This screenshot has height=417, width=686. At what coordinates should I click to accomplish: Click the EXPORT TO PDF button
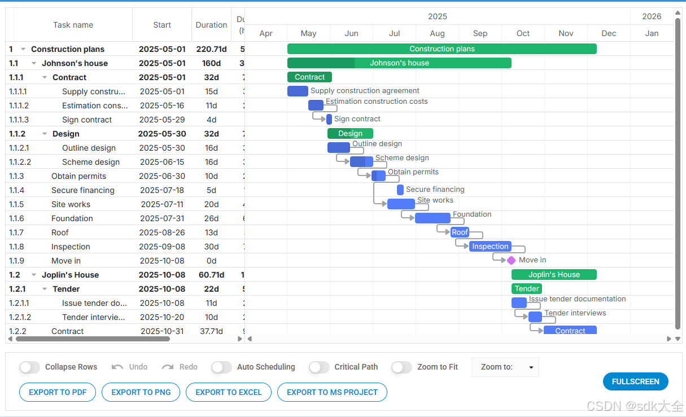pos(57,392)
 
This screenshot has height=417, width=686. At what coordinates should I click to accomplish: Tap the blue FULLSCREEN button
pos(635,381)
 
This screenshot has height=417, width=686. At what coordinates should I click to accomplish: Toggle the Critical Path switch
pos(319,367)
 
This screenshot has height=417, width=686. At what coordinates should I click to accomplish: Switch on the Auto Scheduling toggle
pos(221,367)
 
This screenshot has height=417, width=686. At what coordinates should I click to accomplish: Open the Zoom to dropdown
pos(505,367)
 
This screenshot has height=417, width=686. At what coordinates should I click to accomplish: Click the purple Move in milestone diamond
pos(511,260)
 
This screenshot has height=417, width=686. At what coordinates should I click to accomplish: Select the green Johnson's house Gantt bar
pos(399,63)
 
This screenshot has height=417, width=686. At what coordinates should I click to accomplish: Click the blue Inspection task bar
pos(490,246)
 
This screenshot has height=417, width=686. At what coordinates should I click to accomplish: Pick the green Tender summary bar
pos(526,289)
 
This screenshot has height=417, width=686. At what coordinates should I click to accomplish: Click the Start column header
pos(162,25)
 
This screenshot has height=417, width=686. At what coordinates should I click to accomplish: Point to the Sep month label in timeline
pos(480,33)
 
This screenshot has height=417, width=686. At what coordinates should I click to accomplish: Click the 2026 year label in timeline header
pos(652,16)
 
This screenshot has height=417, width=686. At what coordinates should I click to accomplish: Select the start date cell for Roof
pos(162,232)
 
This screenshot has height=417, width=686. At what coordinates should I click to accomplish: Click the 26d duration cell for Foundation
pos(211,218)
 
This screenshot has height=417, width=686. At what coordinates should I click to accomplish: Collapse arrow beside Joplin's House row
pos(34,275)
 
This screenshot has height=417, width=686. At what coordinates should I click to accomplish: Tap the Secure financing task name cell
pos(83,190)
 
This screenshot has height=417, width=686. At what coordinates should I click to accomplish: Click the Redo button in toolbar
pos(180,367)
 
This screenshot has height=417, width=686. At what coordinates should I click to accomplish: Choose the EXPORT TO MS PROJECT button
pos(332,392)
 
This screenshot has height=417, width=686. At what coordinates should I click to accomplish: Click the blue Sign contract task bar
pos(329,119)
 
